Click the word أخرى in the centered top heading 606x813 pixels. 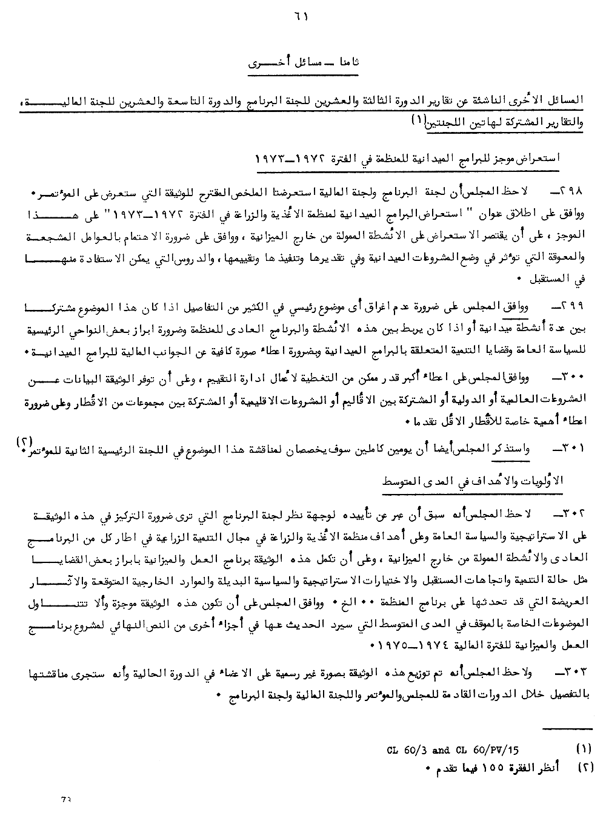click(265, 62)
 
